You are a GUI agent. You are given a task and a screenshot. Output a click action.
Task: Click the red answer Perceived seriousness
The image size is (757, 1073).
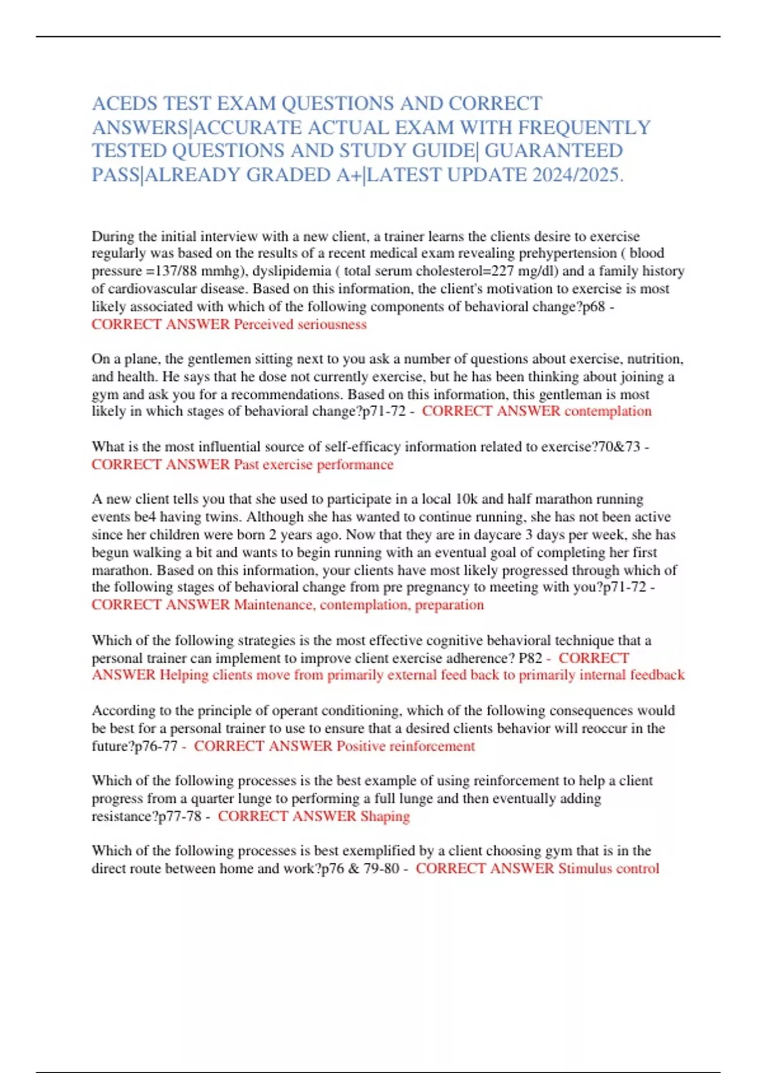point(300,324)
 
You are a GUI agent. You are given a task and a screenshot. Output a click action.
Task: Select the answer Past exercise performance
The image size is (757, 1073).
point(314,465)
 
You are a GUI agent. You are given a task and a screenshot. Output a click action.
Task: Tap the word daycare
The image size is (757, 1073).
point(496,535)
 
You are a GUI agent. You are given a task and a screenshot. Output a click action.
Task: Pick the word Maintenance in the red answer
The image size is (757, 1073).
point(273,605)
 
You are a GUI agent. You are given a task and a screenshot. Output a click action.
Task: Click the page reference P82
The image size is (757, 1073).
point(531,658)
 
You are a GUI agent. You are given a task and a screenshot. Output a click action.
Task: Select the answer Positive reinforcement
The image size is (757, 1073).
point(406,746)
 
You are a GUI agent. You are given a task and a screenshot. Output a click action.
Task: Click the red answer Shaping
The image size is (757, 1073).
point(385,816)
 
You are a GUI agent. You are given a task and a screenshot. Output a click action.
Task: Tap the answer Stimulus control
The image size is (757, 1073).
point(609,868)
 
